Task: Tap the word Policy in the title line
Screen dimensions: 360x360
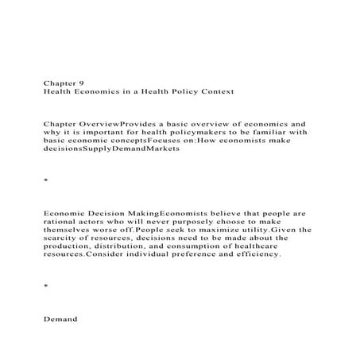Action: point(173,92)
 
